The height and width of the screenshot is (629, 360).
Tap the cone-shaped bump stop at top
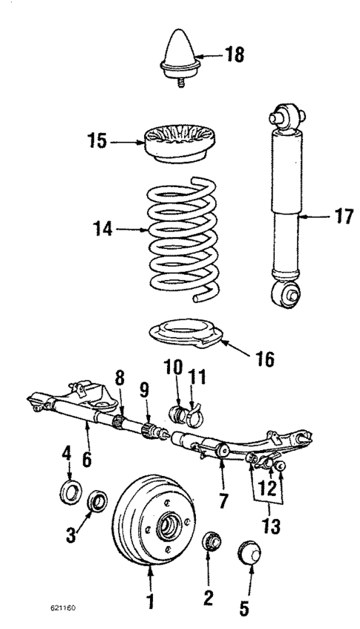coord(180,54)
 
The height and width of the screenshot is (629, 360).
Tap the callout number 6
coord(87,461)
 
